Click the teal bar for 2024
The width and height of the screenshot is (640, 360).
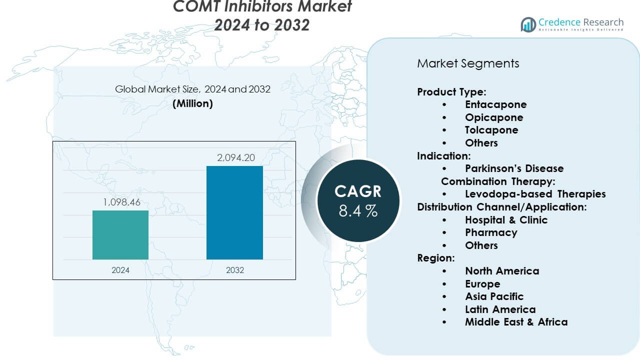(x=120, y=234)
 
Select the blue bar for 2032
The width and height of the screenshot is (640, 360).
(x=234, y=212)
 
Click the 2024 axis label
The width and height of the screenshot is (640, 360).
(x=120, y=270)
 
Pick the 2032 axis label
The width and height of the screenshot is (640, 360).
(x=234, y=270)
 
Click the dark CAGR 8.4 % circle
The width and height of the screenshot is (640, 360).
(x=358, y=200)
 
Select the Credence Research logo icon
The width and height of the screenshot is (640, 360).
(x=528, y=24)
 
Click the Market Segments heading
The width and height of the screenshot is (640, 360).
(x=468, y=63)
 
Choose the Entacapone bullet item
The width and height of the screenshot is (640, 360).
(x=495, y=104)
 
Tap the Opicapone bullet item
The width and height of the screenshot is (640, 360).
(x=494, y=117)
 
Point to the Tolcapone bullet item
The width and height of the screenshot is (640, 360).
(x=491, y=130)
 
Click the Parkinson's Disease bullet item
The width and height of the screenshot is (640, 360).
(x=514, y=168)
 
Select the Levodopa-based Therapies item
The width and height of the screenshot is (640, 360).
(x=535, y=194)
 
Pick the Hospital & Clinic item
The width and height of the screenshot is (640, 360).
(x=506, y=220)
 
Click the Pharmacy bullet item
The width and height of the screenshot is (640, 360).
(x=491, y=232)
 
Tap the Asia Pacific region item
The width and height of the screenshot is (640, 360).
(x=494, y=296)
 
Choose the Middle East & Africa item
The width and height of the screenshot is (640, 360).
(x=516, y=322)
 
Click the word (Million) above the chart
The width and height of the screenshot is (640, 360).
(x=192, y=103)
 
